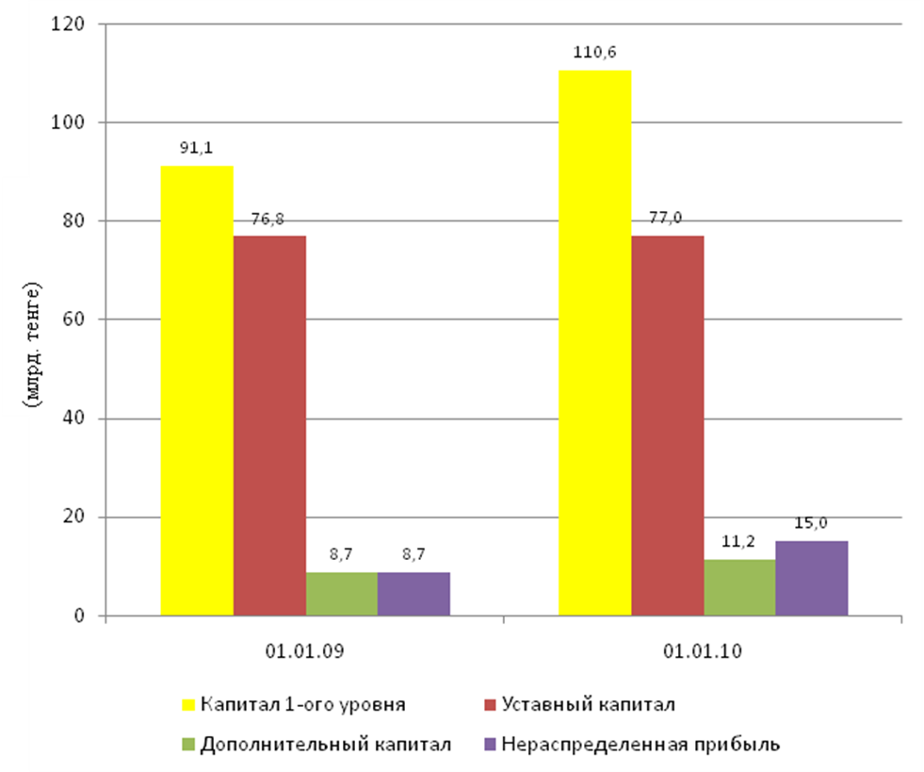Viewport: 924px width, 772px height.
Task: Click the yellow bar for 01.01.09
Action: (197, 391)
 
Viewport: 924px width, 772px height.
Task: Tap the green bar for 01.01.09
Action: (341, 595)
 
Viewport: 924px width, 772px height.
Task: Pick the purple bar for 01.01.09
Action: (413, 595)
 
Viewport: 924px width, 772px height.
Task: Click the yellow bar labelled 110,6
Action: (594, 343)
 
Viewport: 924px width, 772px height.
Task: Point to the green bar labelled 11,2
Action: (739, 588)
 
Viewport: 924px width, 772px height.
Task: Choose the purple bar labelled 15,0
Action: (812, 579)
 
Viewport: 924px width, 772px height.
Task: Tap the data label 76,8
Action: (269, 219)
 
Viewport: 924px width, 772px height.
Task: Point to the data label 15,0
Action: (812, 523)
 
